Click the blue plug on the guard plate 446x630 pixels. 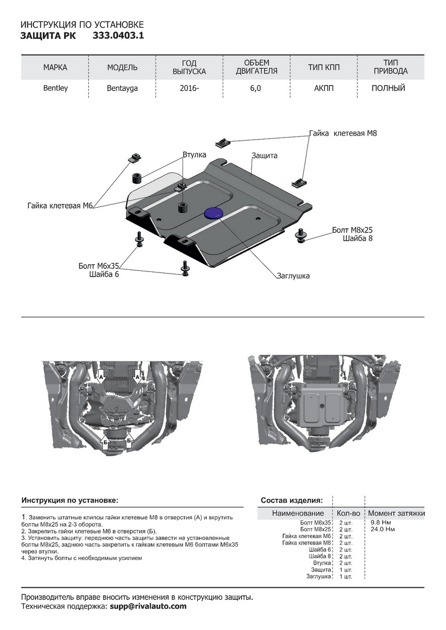pyautogui.click(x=213, y=212)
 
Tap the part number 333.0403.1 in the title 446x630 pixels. pyautogui.click(x=118, y=36)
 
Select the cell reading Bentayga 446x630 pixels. pyautogui.click(x=122, y=88)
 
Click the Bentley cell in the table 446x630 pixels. pyautogui.click(x=55, y=88)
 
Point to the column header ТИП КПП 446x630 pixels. pyautogui.click(x=324, y=67)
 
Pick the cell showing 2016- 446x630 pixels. pyautogui.click(x=190, y=88)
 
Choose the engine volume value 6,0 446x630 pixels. pyautogui.click(x=256, y=88)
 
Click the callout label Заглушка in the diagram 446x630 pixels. pyautogui.click(x=293, y=275)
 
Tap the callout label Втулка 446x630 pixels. pyautogui.click(x=194, y=155)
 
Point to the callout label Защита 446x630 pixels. pyautogui.click(x=264, y=155)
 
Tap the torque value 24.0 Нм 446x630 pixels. pyautogui.click(x=382, y=529)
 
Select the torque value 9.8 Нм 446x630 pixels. pyautogui.click(x=380, y=523)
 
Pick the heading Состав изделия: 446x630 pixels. pyautogui.click(x=292, y=500)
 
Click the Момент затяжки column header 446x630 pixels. pyautogui.click(x=396, y=513)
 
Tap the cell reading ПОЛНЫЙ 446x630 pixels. pyautogui.click(x=388, y=88)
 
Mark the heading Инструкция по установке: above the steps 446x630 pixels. pyautogui.click(x=70, y=500)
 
